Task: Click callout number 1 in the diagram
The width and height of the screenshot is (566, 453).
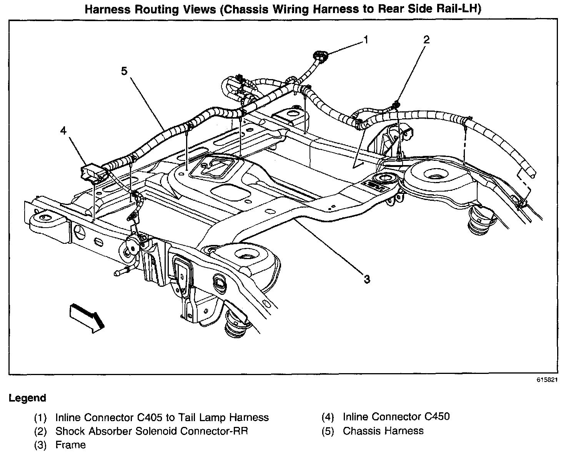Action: pos(366,39)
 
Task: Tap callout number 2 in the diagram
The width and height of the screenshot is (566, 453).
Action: pos(426,39)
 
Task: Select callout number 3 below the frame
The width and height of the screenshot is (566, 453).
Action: pos(367,279)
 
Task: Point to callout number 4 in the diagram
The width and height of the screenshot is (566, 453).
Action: pos(63,131)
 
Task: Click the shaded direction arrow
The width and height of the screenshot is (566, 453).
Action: pos(87,316)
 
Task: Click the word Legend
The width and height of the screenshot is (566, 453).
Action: pos(27,398)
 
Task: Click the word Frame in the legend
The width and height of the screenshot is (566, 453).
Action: pos(70,445)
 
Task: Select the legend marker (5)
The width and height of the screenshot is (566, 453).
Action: pos(328,431)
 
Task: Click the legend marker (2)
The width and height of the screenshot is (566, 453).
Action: pos(40,431)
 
